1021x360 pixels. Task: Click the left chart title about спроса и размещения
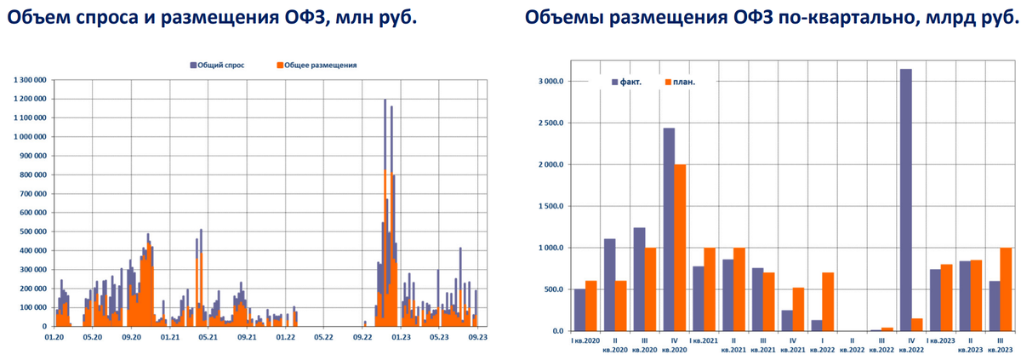(x=209, y=18)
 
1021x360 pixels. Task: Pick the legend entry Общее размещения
(x=317, y=65)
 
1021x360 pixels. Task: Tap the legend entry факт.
(x=626, y=82)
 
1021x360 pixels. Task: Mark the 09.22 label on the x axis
(x=362, y=338)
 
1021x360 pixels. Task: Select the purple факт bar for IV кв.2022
(x=906, y=200)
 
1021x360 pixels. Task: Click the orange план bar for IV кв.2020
(x=680, y=248)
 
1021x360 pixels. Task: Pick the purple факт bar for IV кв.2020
(x=669, y=230)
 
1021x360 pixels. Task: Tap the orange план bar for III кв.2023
(x=1007, y=289)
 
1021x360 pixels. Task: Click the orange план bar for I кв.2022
(x=829, y=302)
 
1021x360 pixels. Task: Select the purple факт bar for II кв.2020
(x=609, y=285)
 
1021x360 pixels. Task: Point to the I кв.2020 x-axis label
(x=585, y=340)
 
